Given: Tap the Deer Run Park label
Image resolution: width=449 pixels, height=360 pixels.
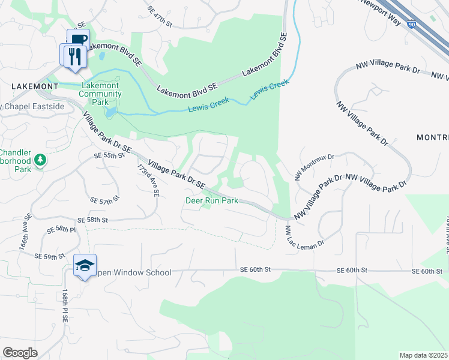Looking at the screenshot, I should (211, 201).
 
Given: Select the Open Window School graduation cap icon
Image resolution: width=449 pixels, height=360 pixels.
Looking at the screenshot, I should (85, 265).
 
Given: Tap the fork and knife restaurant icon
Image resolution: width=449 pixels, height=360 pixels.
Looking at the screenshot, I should (73, 56).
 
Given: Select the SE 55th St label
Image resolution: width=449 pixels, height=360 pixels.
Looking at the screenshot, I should (109, 155).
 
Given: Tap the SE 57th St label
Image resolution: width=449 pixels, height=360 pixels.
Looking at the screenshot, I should (104, 200).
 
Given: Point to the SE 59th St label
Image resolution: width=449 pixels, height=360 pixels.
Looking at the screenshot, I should (50, 256).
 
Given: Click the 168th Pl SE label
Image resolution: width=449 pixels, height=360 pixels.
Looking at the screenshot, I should (64, 307).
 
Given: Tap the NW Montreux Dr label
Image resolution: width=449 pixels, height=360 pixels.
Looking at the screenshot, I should (313, 166).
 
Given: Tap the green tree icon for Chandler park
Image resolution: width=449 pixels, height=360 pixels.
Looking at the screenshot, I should (40, 160).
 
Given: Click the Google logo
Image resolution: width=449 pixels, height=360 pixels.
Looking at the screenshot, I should (20, 353).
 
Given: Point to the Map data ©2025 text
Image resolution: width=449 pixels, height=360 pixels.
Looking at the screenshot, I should (424, 355).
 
